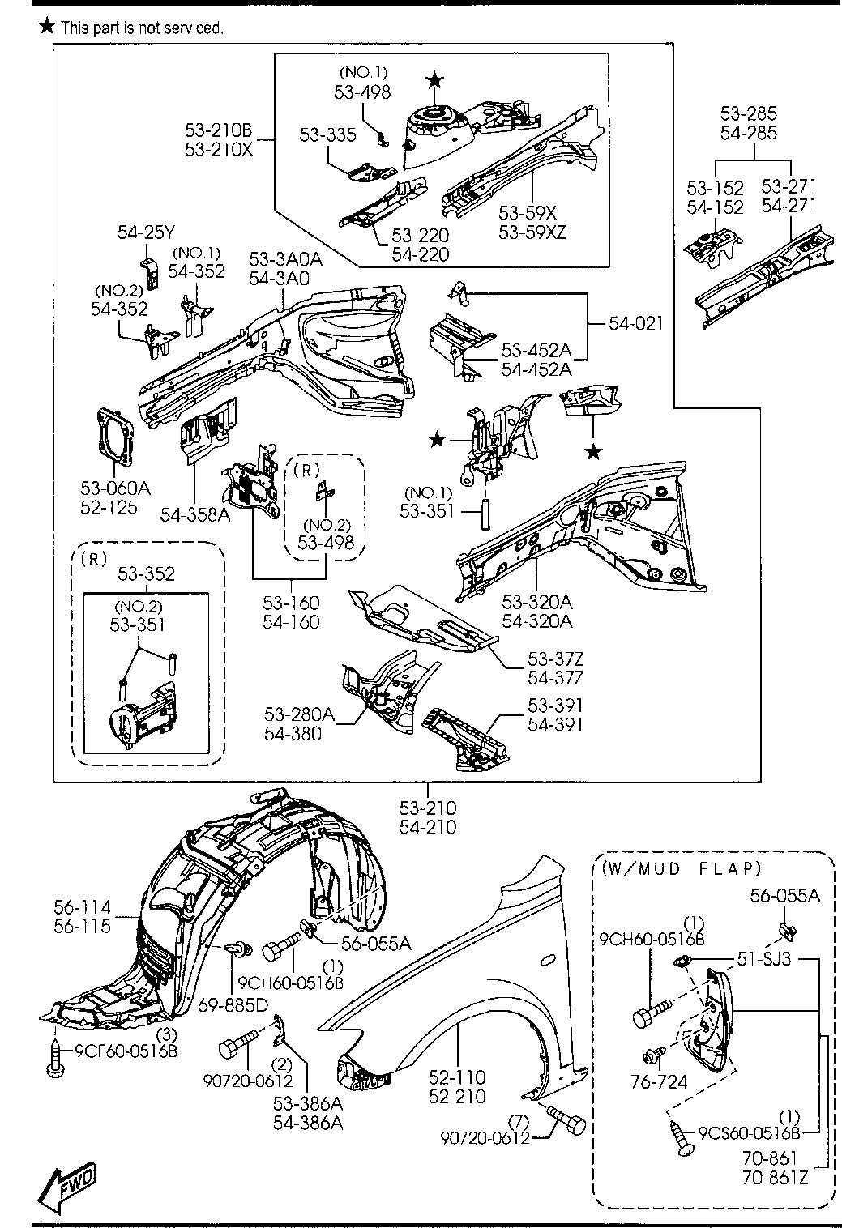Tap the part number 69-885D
pyautogui.click(x=233, y=1004)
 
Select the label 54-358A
pyautogui.click(x=195, y=514)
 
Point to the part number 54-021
pyautogui.click(x=635, y=323)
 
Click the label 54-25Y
pyautogui.click(x=146, y=232)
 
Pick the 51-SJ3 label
pyautogui.click(x=764, y=959)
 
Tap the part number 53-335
pyautogui.click(x=327, y=134)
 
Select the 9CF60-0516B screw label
pyautogui.click(x=126, y=1051)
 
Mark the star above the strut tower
pyautogui.click(x=434, y=80)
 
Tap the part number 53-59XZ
pyautogui.click(x=532, y=232)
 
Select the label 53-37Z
pyautogui.click(x=555, y=659)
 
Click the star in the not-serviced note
pyautogui.click(x=48, y=25)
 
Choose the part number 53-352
pyautogui.click(x=146, y=573)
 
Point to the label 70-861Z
pyautogui.click(x=775, y=1177)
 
